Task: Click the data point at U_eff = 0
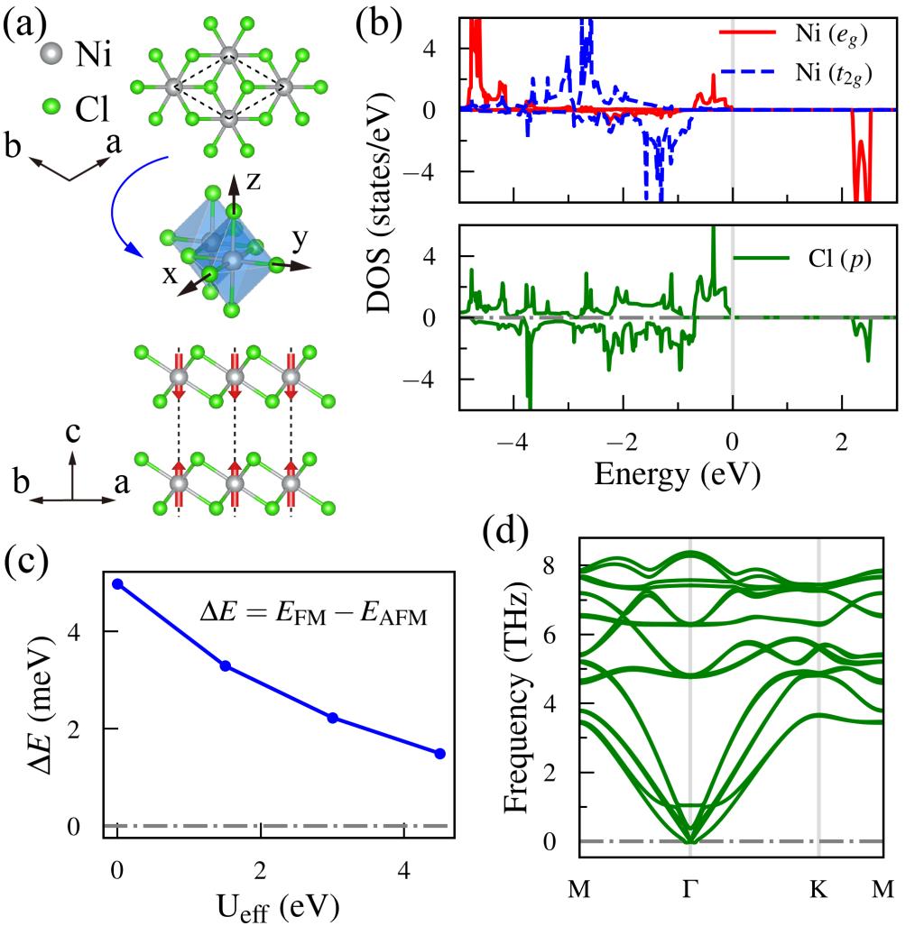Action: tap(117, 583)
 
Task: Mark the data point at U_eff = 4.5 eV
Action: tap(440, 753)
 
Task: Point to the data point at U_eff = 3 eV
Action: tap(333, 718)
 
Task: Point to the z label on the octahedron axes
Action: tap(255, 181)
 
